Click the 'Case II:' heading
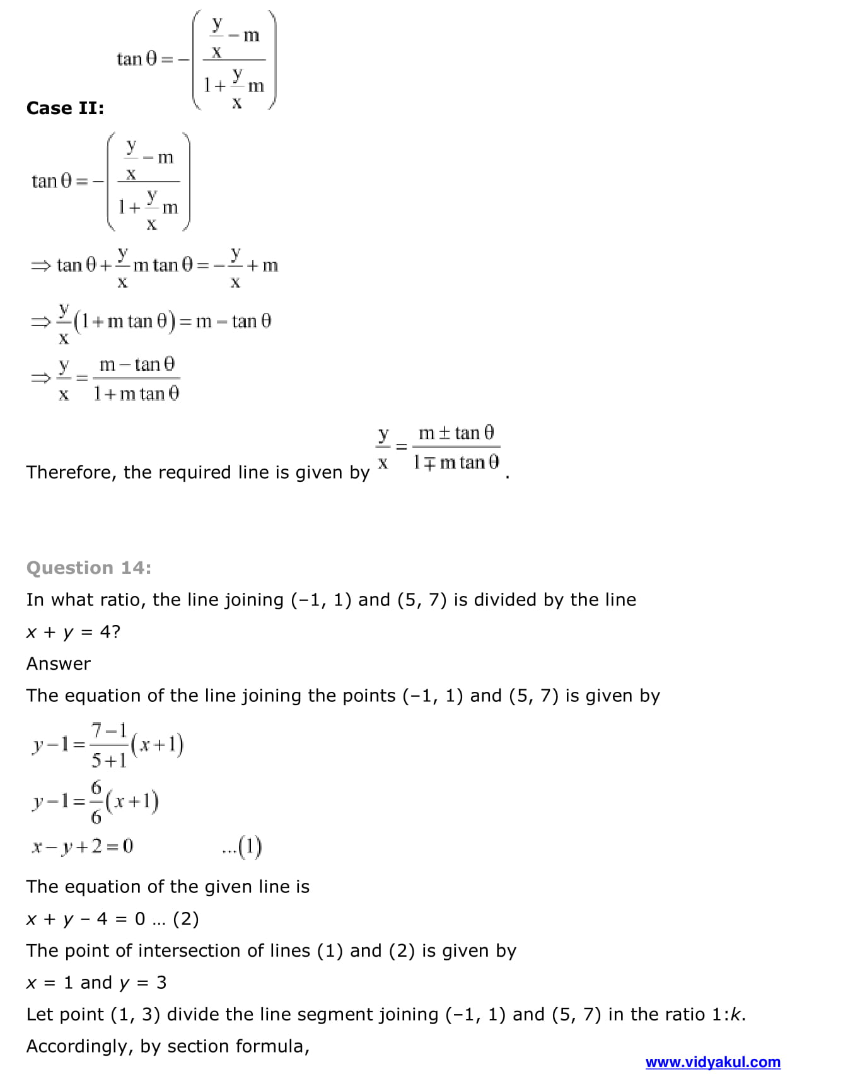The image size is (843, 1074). [65, 108]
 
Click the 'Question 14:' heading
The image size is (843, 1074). [89, 568]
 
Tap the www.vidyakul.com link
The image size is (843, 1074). [712, 1062]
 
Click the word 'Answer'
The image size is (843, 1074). [59, 663]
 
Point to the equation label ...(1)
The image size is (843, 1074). [242, 847]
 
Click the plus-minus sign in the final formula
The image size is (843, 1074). [445, 433]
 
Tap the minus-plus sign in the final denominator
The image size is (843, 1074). [429, 464]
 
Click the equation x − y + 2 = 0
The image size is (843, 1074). [83, 846]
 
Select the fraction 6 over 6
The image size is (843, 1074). [96, 802]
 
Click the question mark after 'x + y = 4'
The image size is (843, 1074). [115, 632]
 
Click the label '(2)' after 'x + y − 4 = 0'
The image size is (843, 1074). [186, 919]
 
